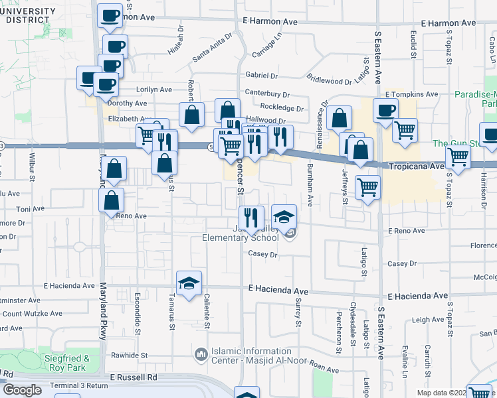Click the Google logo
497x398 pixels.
(23, 390)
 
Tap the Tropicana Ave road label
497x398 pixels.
(415, 166)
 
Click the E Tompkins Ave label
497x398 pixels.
(411, 95)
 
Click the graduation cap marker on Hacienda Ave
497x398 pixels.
(189, 283)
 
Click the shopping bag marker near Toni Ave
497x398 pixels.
(112, 199)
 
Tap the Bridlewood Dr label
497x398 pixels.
(330, 81)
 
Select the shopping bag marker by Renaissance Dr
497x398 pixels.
(339, 117)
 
